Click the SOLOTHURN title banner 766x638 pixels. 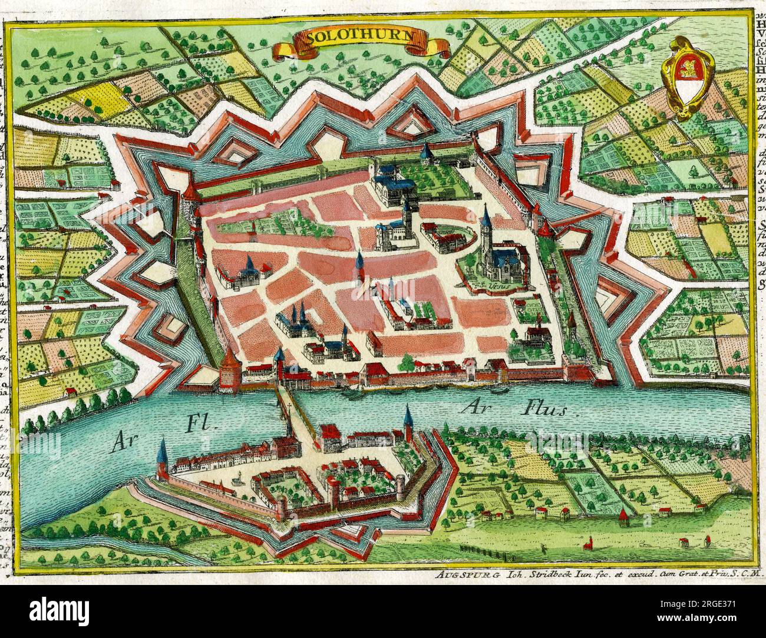point(368,43)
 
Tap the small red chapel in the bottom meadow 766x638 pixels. point(586,544)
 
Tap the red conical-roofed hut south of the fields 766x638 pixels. point(622,516)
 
